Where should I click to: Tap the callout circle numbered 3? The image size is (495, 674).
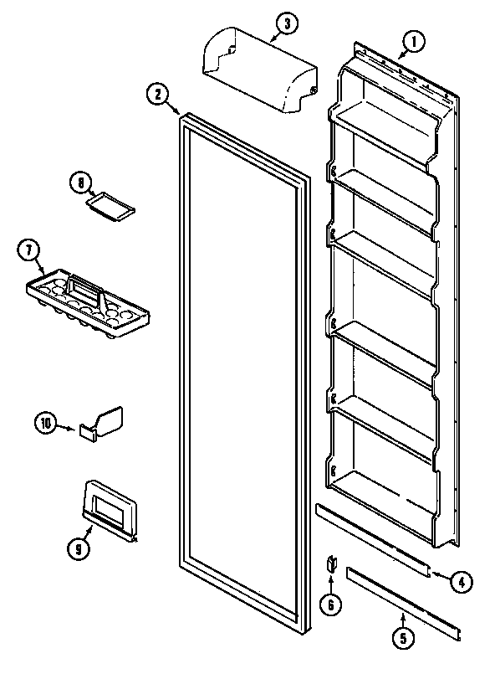(x=287, y=23)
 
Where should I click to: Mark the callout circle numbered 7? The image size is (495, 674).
(x=28, y=250)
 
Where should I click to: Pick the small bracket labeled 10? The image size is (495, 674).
(x=102, y=423)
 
